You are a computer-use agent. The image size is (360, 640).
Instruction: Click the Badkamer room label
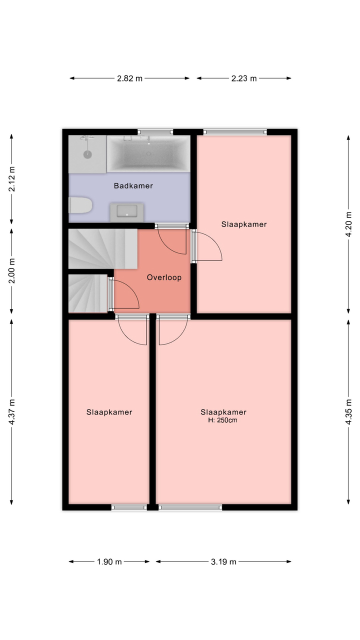[x=133, y=185]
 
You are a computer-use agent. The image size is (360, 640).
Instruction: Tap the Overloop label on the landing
[x=164, y=277]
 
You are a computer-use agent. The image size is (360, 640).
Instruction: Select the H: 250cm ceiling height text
[x=222, y=420]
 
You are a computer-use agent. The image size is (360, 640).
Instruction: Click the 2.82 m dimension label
[x=129, y=78]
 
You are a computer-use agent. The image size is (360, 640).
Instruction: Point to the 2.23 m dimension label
[x=244, y=78]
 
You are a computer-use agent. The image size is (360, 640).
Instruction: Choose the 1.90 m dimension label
[x=109, y=562]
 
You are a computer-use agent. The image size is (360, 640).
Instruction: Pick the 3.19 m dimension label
[x=223, y=562]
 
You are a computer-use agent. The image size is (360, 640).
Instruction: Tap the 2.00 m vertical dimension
[x=11, y=270]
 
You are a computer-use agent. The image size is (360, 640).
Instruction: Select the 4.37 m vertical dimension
[x=11, y=411]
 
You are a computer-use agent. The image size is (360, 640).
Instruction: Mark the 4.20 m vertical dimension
[x=348, y=224]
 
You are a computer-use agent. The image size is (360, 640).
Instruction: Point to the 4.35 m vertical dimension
[x=348, y=411]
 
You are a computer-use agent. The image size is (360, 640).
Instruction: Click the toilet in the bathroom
[x=80, y=205]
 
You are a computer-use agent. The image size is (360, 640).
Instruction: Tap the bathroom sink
[x=127, y=212]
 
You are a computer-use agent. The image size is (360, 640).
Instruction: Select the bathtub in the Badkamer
[x=148, y=153]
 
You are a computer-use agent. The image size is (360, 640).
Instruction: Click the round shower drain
[x=87, y=154]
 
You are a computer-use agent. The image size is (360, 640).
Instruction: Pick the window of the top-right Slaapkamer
[x=235, y=132]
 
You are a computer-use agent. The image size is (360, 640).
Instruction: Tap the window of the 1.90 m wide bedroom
[x=129, y=507]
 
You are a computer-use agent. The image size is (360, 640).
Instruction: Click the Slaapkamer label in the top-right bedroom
[x=244, y=224]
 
